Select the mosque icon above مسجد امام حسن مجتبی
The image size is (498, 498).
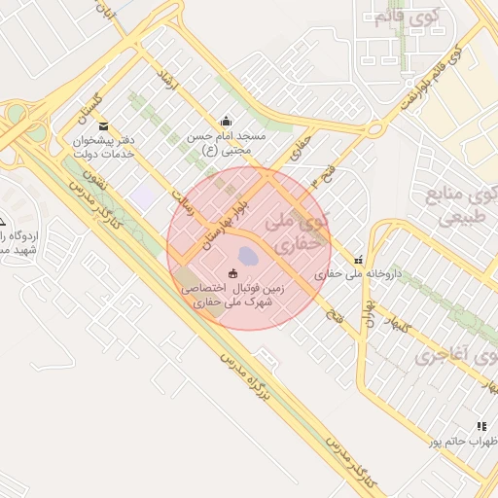click(227, 121)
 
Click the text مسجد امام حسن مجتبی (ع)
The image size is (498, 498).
click(228, 144)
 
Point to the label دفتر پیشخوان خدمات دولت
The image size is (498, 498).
click(103, 149)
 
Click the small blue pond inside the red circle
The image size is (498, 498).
click(248, 257)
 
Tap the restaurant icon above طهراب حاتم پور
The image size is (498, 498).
click(480, 426)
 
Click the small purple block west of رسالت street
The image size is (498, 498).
click(145, 196)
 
